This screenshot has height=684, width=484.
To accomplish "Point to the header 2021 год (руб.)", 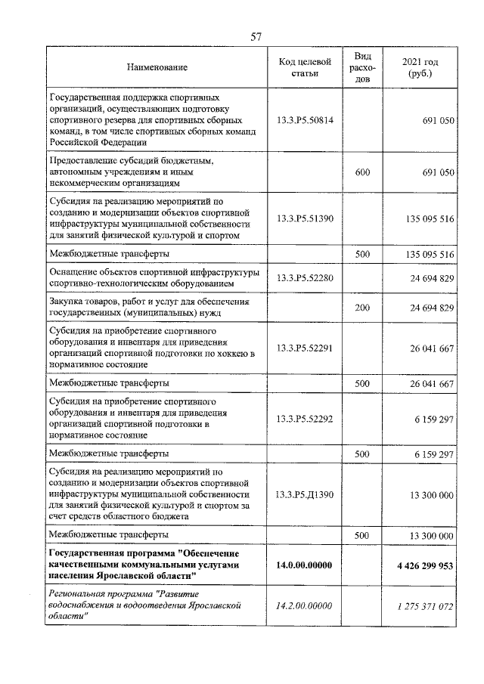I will [421, 68].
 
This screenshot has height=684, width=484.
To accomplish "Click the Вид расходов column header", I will [362, 68].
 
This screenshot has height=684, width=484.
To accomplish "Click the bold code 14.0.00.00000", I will [305, 565].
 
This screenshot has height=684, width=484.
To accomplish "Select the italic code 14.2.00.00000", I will [305, 605].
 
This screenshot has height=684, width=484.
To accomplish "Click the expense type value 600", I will [362, 172].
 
